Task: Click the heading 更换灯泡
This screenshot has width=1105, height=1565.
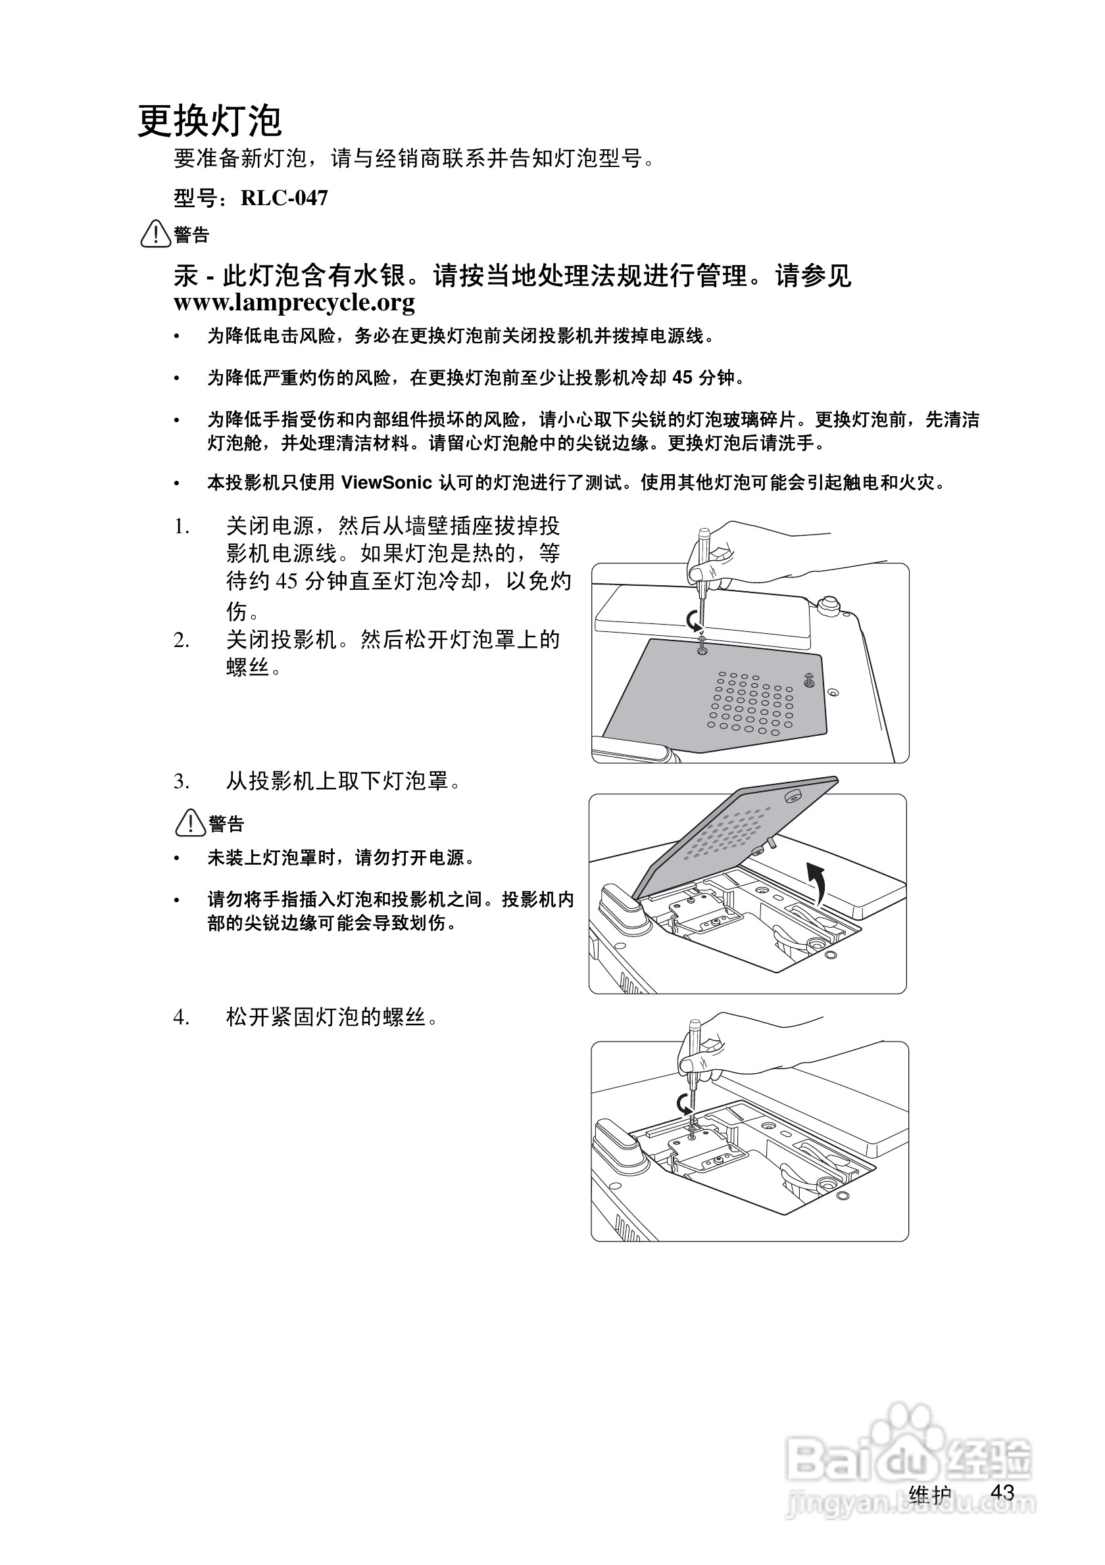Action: (x=209, y=122)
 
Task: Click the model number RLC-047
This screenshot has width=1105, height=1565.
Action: (x=284, y=199)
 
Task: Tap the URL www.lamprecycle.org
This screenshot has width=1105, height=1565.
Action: (x=294, y=302)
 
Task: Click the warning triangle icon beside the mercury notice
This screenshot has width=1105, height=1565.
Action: (x=155, y=234)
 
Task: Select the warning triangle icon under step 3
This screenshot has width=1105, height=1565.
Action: (x=190, y=823)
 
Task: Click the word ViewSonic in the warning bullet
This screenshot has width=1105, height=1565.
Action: (x=387, y=483)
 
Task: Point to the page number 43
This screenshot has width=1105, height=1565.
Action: (x=1002, y=1492)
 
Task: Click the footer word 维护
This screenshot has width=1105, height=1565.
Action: (x=930, y=1495)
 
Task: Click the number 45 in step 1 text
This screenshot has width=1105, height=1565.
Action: (x=287, y=581)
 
